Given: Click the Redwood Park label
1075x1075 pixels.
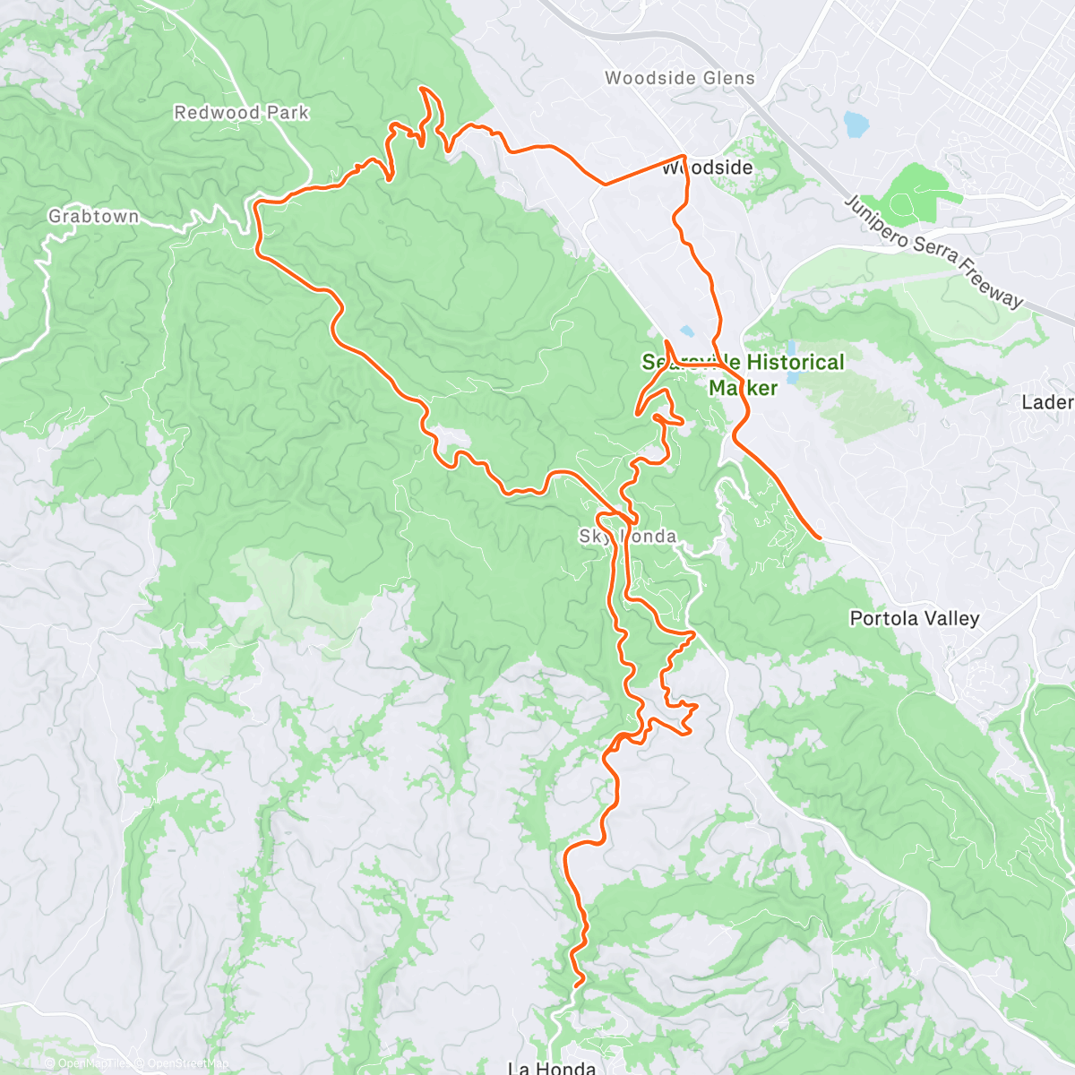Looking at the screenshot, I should [241, 113].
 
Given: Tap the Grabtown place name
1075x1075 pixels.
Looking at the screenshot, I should [93, 217].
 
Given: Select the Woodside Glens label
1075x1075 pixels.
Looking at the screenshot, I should [680, 78].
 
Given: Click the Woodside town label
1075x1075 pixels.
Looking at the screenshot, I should [708, 168].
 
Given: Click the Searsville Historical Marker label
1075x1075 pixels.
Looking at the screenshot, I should [743, 374].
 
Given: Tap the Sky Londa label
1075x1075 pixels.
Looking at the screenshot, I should [627, 537].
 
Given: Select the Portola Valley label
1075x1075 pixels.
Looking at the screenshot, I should [915, 618].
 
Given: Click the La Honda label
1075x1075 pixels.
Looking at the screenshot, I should [551, 1068].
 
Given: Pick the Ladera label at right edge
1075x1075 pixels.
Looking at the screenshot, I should [1048, 402].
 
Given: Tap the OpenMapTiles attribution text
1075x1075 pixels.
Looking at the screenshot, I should [90, 1063].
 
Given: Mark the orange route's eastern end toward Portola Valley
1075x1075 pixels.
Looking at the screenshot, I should [821, 537].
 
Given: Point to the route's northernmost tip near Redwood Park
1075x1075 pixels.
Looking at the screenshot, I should [422, 88].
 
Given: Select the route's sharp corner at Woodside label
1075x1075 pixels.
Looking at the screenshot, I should [685, 158].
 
